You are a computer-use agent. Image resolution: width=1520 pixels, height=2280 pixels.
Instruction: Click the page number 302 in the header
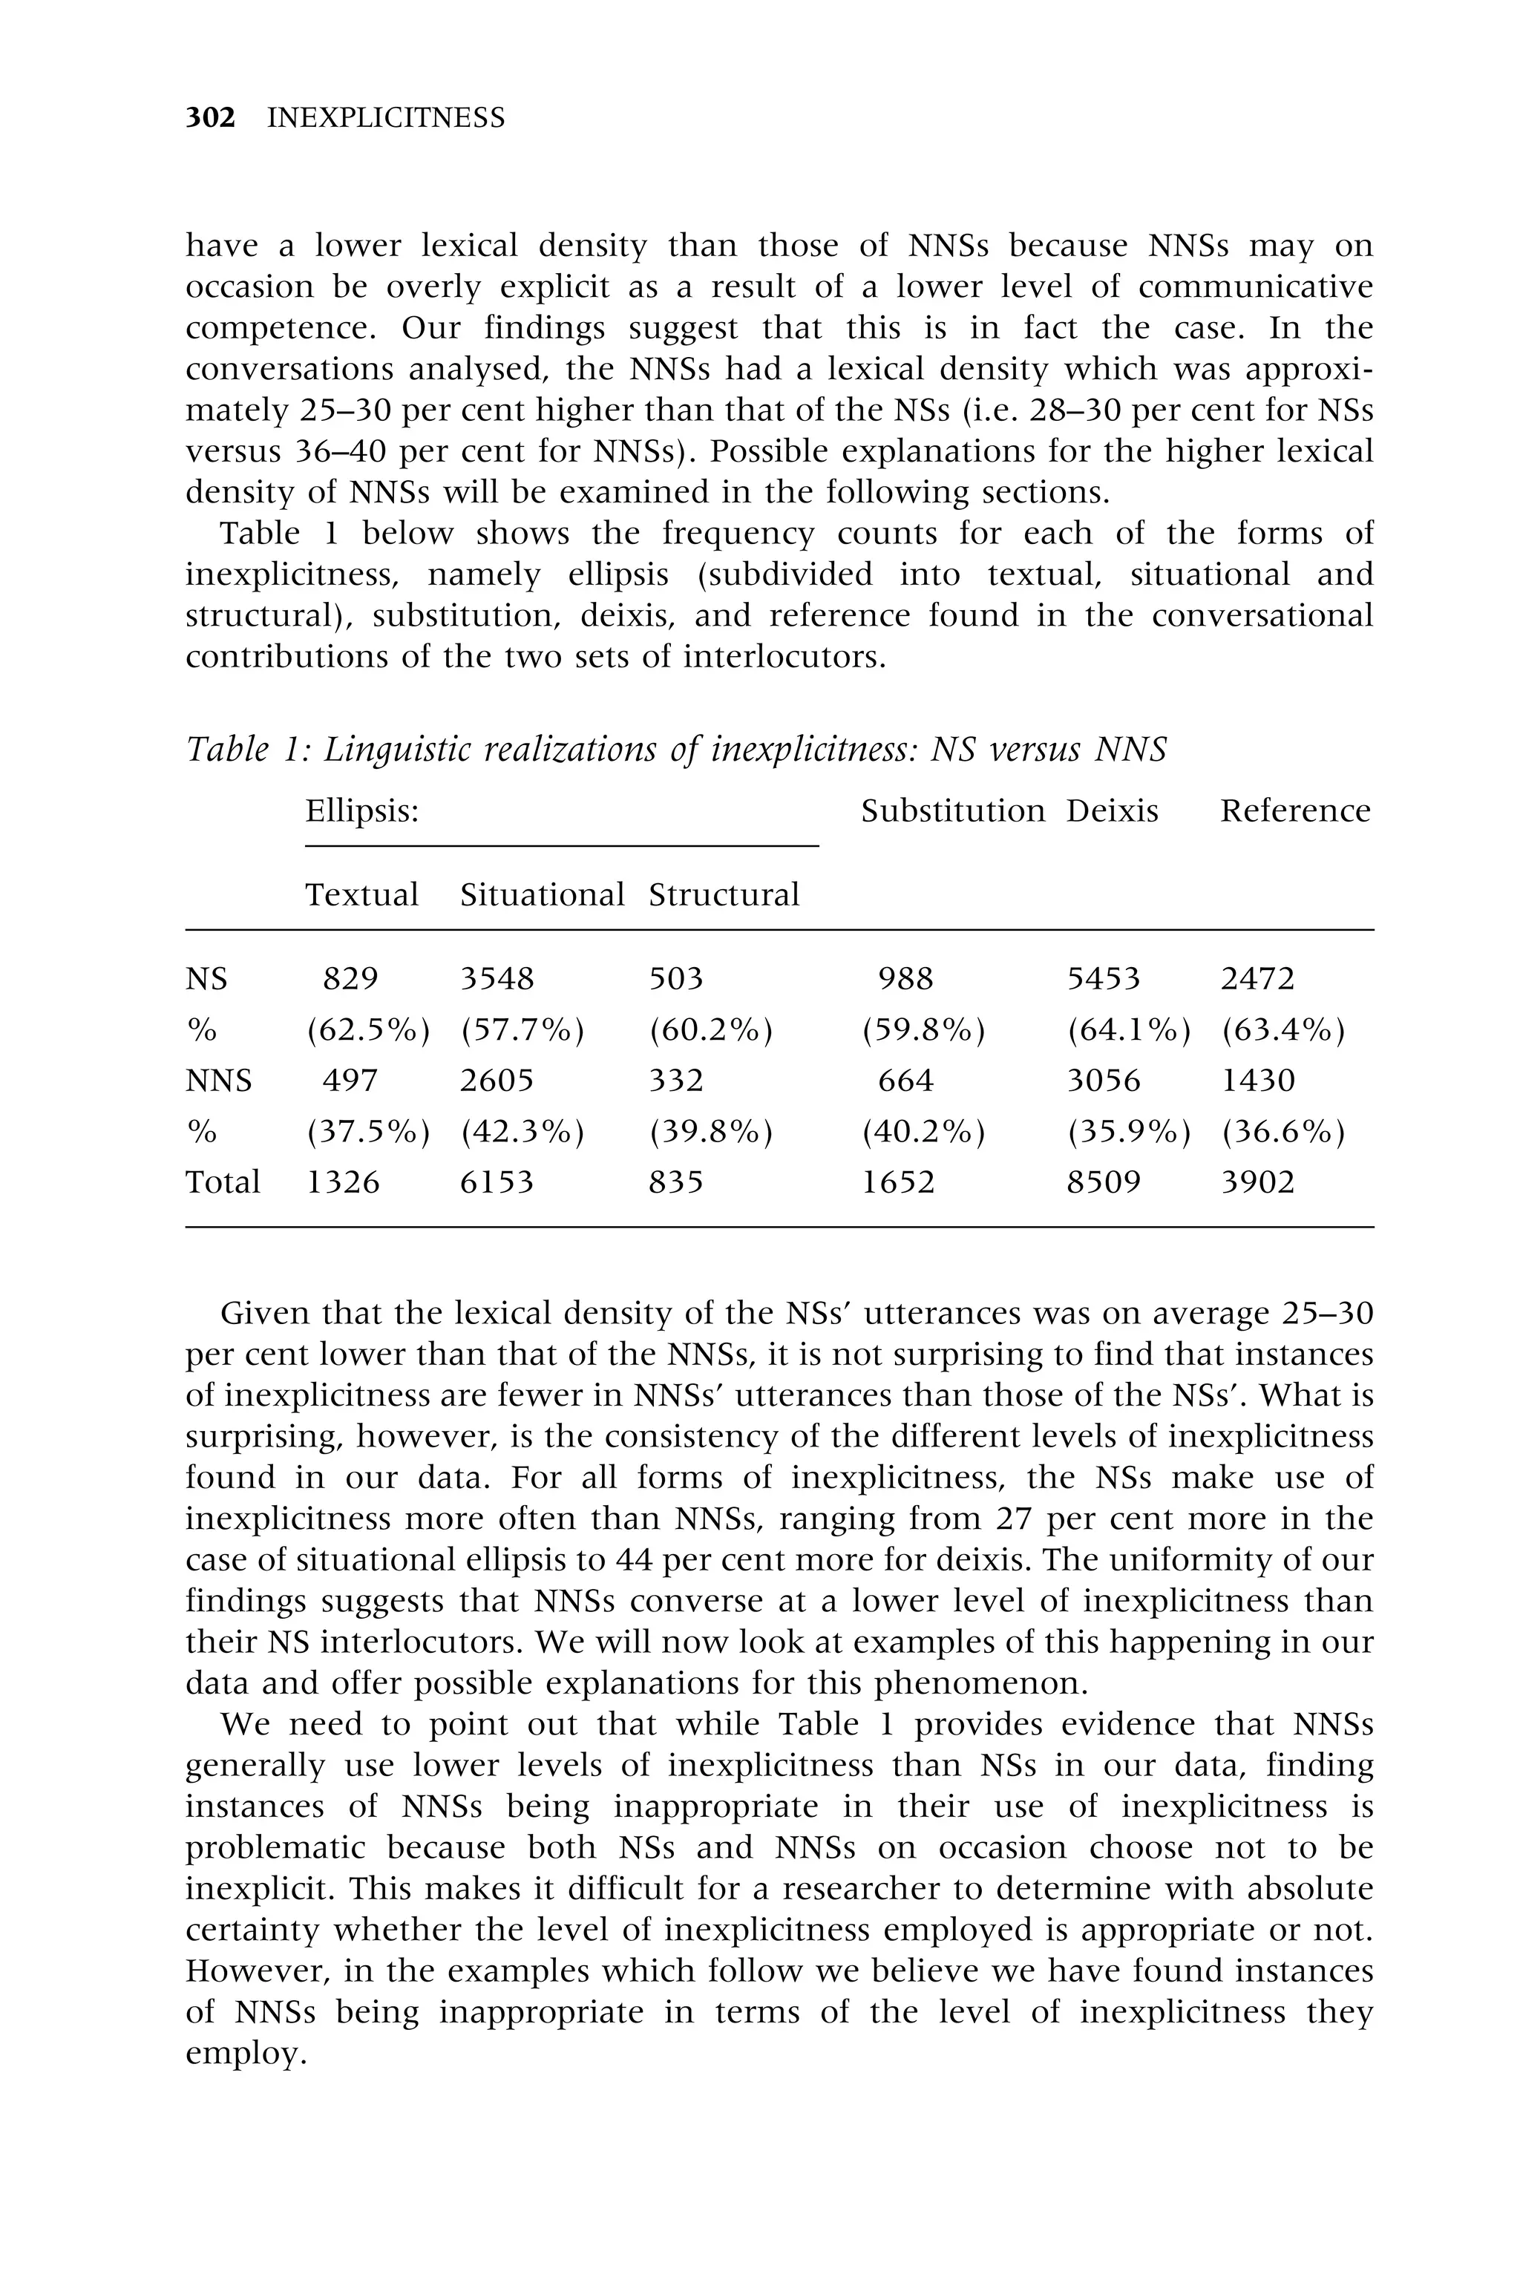click(210, 118)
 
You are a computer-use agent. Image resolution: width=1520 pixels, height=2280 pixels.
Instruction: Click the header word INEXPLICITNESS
click(386, 118)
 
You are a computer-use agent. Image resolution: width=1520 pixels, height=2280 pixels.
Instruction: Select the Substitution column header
click(953, 810)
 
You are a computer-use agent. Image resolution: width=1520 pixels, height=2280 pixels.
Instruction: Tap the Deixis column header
click(1112, 810)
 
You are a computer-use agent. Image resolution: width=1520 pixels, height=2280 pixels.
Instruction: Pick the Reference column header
click(1295, 810)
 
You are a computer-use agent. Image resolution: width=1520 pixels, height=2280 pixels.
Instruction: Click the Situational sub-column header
click(542, 894)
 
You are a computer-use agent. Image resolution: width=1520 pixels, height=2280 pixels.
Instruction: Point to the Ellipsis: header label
click(361, 810)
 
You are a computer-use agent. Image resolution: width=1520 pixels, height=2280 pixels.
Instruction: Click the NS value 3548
click(497, 978)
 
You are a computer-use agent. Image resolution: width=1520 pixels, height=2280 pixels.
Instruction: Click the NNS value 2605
click(497, 1080)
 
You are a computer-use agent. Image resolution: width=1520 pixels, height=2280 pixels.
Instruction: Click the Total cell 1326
click(343, 1182)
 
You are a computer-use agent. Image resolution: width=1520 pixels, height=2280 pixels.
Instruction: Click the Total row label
click(223, 1182)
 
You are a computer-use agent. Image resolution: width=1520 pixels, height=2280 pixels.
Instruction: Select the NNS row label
click(218, 1080)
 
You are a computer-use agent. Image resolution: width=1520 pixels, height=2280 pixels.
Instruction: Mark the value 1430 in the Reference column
click(1257, 1080)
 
